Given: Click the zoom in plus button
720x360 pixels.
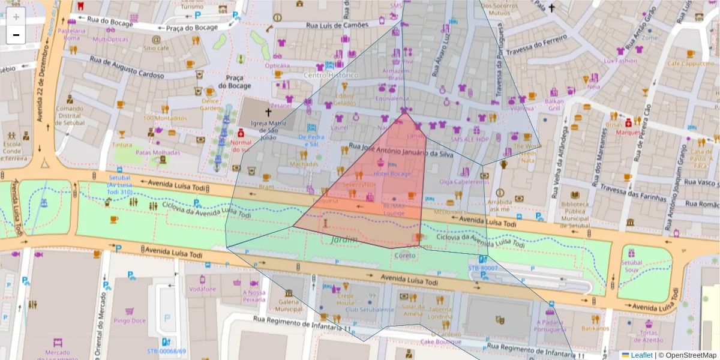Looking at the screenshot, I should [x=16, y=17].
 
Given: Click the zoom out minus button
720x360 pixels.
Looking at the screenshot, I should [x=16, y=35].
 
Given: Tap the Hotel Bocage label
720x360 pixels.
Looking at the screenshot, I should [x=392, y=174].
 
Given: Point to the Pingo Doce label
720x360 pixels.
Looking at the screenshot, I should [x=129, y=320].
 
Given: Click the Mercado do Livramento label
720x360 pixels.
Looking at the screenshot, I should [x=58, y=355].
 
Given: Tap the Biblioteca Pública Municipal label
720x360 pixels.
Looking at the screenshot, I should [x=574, y=211].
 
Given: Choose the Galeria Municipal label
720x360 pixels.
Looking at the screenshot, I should [x=289, y=305].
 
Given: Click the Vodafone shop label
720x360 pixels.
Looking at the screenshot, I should [x=202, y=289].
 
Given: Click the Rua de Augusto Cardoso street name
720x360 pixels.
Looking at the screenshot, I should [x=127, y=68].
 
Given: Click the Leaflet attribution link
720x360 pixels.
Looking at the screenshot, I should [x=641, y=355].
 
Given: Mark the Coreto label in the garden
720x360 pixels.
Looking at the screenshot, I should [x=405, y=255].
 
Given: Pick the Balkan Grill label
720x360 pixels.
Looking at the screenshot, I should [x=553, y=105].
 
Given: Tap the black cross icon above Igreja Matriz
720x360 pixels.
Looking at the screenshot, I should [x=268, y=112].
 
